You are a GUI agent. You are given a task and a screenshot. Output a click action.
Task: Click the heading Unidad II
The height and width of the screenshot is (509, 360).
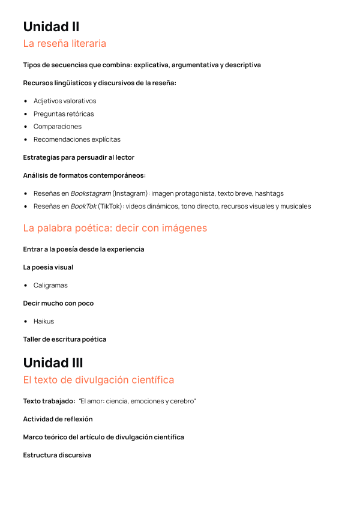tap(51, 27)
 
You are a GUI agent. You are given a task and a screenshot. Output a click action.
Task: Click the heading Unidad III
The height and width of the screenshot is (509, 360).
tap(53, 363)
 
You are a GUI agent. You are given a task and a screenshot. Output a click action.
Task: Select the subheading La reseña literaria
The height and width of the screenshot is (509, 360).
tap(64, 43)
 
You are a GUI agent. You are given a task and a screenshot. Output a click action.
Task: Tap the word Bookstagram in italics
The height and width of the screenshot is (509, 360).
tap(90, 194)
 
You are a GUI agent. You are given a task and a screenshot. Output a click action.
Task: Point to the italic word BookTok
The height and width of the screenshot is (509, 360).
tap(83, 206)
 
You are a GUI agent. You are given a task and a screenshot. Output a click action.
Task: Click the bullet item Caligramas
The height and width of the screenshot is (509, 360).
tap(50, 285)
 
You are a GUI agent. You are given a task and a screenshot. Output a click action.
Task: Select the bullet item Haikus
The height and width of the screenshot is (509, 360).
tap(44, 321)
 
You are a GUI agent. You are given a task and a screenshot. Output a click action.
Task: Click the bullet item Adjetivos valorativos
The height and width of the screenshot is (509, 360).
tap(65, 101)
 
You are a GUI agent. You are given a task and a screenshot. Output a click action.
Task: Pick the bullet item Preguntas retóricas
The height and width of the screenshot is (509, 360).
tap(64, 113)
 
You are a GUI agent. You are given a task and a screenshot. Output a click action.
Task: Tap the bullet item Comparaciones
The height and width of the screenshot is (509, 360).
tap(58, 127)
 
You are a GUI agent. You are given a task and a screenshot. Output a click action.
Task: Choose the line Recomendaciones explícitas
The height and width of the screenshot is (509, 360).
tap(77, 139)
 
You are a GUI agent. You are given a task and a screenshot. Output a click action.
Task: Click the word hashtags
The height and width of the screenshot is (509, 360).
tap(269, 194)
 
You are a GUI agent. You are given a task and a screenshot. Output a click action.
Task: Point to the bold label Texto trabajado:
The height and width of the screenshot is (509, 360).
tap(49, 401)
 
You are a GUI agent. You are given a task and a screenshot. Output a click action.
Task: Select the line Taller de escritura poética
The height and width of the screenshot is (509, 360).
tap(65, 339)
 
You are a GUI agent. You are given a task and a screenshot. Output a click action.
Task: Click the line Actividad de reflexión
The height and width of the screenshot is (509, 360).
tap(58, 419)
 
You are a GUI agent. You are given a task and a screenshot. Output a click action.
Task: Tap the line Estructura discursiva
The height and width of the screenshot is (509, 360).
tap(57, 455)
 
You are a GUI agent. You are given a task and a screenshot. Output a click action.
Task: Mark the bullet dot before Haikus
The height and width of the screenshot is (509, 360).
tap(26, 321)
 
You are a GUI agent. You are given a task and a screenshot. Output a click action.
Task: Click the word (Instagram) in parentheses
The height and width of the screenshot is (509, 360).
tap(130, 194)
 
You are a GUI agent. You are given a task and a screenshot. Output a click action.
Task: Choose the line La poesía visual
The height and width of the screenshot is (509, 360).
tap(48, 267)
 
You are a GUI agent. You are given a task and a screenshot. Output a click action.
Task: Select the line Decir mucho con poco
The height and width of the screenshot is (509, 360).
tap(58, 303)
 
